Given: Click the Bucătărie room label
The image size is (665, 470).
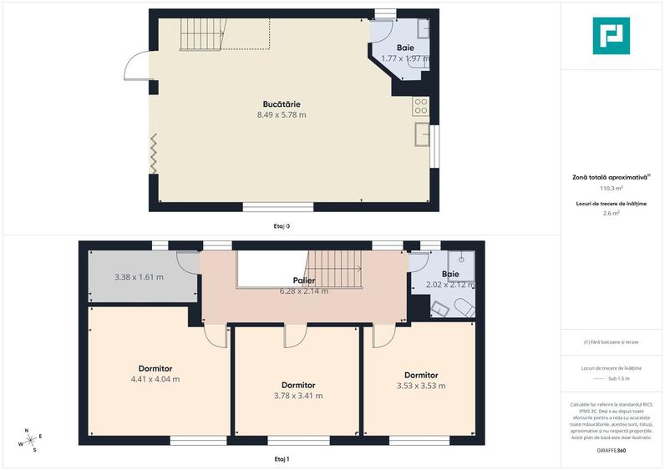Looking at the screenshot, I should (x=282, y=104).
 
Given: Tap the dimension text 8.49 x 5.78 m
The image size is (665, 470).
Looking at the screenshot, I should (x=282, y=114).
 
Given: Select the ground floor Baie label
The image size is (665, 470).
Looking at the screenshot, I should (x=405, y=48).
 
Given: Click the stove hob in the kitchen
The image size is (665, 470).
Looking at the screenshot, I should (x=421, y=106).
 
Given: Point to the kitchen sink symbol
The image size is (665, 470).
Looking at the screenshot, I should (x=423, y=134).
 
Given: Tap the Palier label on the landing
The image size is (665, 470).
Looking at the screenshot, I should (x=303, y=280).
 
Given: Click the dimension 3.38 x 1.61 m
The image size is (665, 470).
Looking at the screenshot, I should (x=139, y=277).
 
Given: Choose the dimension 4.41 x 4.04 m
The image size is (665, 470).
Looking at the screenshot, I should (x=155, y=379).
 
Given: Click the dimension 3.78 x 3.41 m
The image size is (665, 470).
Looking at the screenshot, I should (x=298, y=396).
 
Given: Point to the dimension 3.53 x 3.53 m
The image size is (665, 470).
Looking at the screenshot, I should (x=421, y=386).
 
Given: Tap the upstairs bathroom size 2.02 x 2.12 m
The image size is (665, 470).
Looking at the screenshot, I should (x=450, y=285).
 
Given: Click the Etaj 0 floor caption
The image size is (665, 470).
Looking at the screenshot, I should (x=282, y=225).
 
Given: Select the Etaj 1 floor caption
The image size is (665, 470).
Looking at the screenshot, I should (x=282, y=459).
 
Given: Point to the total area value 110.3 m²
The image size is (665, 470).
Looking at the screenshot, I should (x=613, y=189).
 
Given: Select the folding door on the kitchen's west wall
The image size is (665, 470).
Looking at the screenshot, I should (x=153, y=154).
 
